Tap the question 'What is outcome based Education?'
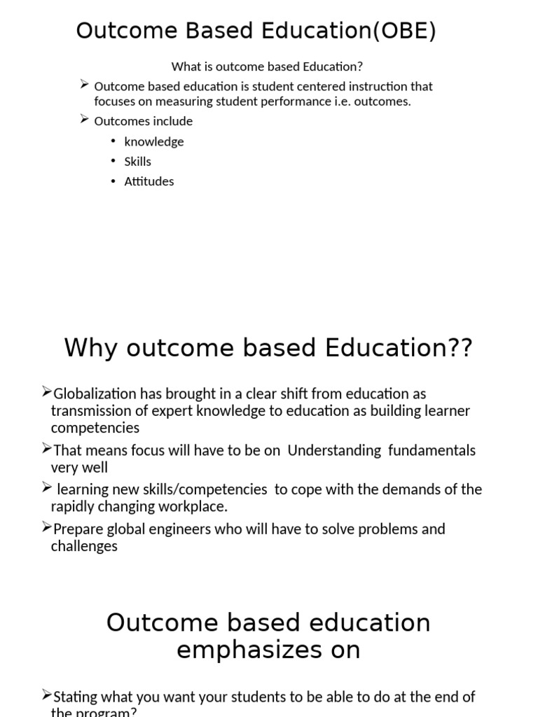click(x=267, y=67)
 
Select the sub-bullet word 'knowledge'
click(x=154, y=141)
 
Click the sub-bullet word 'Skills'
click(x=138, y=161)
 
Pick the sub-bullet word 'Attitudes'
click(x=149, y=181)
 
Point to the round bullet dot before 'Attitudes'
click(x=113, y=181)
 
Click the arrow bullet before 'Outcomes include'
click(x=85, y=120)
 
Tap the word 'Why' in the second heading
click(x=90, y=347)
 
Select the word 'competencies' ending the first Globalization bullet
click(x=95, y=428)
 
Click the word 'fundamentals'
click(x=432, y=450)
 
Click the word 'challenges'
click(x=84, y=546)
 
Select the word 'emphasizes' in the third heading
click(x=246, y=650)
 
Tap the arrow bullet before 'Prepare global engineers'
click(x=47, y=527)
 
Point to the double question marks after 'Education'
click(x=462, y=347)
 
